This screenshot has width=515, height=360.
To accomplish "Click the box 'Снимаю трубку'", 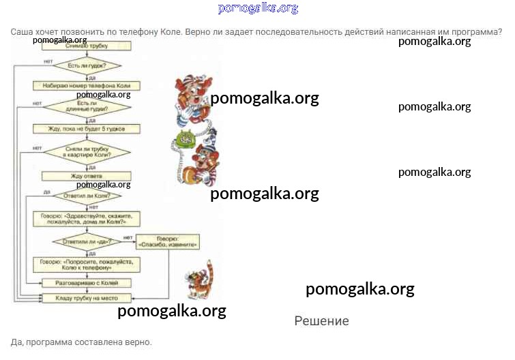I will click(x=87, y=46).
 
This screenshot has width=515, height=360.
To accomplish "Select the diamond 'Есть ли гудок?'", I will click(x=87, y=66).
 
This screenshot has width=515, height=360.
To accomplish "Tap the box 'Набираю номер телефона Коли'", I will click(x=87, y=86).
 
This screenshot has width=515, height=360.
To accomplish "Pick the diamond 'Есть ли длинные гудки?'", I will click(x=87, y=106).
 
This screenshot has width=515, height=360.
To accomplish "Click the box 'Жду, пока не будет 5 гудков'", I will click(x=87, y=128).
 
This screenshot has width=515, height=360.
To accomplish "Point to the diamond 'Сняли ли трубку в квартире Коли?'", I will click(x=87, y=152).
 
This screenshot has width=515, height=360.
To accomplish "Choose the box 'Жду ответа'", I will click(x=87, y=176).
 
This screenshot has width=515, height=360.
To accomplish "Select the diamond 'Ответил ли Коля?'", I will click(x=87, y=196).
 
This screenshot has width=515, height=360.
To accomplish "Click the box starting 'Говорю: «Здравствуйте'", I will click(x=87, y=219).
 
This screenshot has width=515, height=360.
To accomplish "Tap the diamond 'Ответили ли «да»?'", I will click(x=87, y=241).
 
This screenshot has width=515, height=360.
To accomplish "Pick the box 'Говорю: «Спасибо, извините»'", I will click(x=167, y=241).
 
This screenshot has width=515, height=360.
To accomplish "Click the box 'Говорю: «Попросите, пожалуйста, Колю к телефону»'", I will click(x=87, y=265).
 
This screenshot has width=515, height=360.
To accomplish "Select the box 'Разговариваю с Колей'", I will click(x=87, y=282).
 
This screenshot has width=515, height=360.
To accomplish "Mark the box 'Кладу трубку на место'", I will click(x=87, y=298).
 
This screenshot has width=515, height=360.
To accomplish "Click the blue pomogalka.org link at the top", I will click(x=258, y=8).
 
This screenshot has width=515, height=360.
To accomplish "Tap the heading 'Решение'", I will click(x=321, y=321).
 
